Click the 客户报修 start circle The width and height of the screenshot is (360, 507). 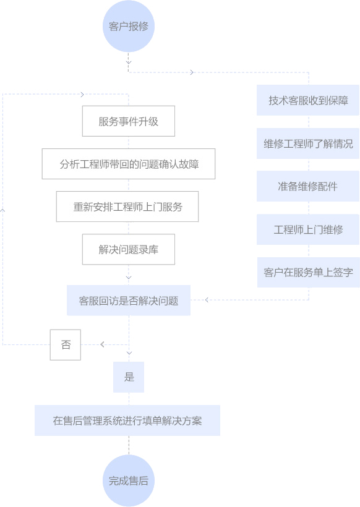[x=129, y=26]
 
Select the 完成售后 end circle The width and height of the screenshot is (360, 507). [x=129, y=480]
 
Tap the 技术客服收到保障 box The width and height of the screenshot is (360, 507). [x=308, y=100]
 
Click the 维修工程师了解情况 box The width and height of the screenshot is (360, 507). [x=308, y=143]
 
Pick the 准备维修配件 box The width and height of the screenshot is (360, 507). [x=308, y=186]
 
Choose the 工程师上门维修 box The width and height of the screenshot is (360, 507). [x=308, y=229]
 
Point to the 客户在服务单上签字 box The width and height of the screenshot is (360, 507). [x=308, y=272]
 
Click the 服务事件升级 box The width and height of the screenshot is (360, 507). [x=129, y=121]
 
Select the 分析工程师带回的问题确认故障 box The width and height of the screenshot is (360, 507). [x=129, y=164]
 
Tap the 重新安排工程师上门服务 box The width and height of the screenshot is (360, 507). [x=127, y=207]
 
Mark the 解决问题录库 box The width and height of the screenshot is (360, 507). [x=129, y=249]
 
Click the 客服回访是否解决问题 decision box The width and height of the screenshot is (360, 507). [x=129, y=300]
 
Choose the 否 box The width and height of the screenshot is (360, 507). [x=66, y=344]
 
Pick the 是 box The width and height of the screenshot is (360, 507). [x=129, y=377]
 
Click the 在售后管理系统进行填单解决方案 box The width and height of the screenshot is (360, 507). [x=127, y=420]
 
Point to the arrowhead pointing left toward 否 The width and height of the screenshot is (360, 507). [x=102, y=344]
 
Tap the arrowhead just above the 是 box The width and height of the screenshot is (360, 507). [x=129, y=353]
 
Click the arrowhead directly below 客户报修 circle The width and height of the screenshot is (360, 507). [x=129, y=62]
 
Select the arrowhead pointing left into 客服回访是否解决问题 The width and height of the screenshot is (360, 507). [x=207, y=300]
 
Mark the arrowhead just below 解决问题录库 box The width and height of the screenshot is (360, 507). [x=129, y=278]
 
